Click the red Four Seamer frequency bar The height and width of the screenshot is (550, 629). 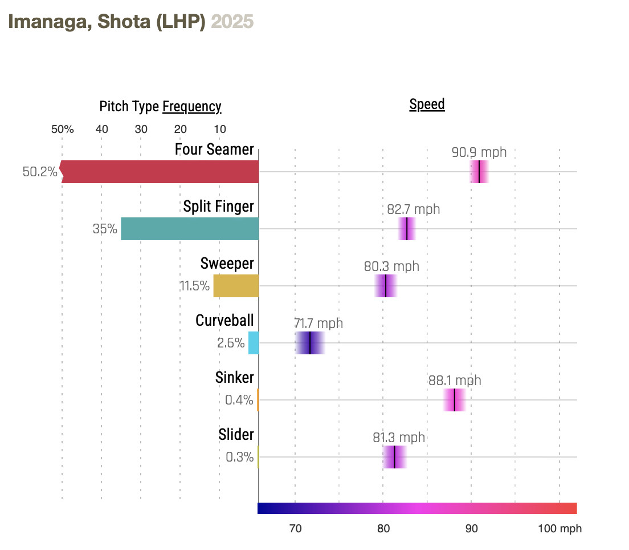click(x=160, y=172)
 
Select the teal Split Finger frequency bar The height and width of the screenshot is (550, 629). click(x=190, y=229)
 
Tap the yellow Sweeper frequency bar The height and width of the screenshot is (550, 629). click(x=236, y=286)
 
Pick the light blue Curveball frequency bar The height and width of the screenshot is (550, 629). click(x=254, y=343)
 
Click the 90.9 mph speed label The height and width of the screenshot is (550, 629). click(x=479, y=152)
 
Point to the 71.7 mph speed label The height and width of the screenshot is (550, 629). click(x=318, y=323)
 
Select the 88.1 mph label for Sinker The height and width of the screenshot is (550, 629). click(x=455, y=381)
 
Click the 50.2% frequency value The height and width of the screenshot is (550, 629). click(x=40, y=172)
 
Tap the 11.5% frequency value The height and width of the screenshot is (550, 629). click(x=195, y=286)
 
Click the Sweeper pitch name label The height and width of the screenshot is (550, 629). click(x=227, y=264)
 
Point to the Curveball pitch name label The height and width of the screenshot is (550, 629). click(x=224, y=321)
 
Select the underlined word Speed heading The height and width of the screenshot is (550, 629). click(x=427, y=104)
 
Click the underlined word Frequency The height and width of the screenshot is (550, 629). click(x=192, y=107)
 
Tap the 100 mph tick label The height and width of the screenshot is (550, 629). click(x=559, y=529)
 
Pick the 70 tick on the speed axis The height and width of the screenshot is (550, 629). click(x=295, y=529)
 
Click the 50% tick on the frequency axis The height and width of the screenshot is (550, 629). click(x=63, y=129)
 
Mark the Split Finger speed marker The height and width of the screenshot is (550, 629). click(x=407, y=229)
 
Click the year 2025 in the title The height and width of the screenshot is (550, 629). click(x=232, y=22)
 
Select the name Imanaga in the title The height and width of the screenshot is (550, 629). click(x=48, y=22)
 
